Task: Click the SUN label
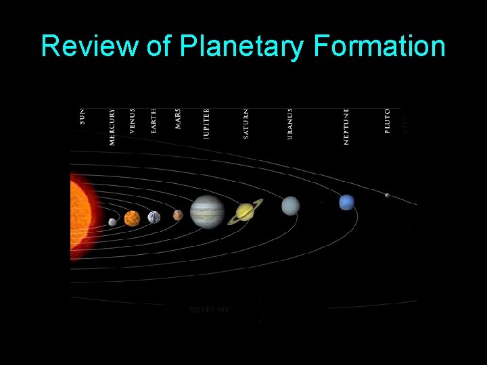(x=83, y=116)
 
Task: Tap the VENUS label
(x=133, y=121)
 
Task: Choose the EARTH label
(x=154, y=121)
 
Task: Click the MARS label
(x=178, y=119)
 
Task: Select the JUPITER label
(x=207, y=124)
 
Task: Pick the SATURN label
(x=246, y=124)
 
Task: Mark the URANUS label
(x=290, y=124)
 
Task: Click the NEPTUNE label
(x=346, y=126)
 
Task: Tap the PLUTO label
(x=388, y=121)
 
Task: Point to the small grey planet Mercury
(x=112, y=222)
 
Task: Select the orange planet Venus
(x=133, y=218)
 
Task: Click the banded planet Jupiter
(x=207, y=212)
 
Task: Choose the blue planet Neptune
(x=347, y=202)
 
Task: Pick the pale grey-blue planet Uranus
(x=290, y=205)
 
